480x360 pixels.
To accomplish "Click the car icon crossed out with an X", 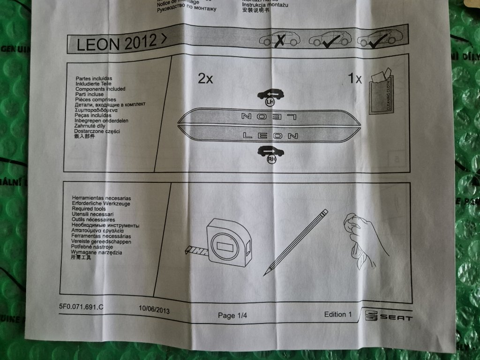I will point(280,39).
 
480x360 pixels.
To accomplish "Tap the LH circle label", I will point(270,101).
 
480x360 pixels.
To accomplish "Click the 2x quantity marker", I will point(205,79).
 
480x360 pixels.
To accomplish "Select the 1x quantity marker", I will point(355,78).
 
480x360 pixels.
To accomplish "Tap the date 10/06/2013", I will point(154,310).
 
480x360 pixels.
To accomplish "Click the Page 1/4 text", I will point(232,315).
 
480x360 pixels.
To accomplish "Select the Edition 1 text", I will point(337,314).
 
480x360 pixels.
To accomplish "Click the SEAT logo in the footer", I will point(389,317).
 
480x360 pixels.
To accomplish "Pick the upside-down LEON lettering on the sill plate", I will point(271,115).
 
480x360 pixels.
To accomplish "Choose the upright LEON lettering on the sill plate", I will point(271,136).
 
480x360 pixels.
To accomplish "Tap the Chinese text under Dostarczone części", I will point(84,136).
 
